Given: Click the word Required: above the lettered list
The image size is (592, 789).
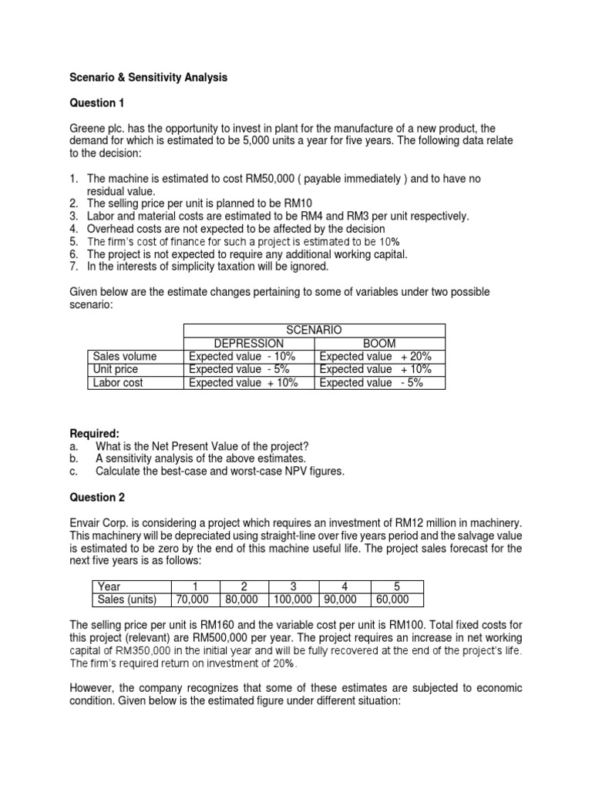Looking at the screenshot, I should [x=95, y=435].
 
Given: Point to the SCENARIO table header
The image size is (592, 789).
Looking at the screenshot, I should [x=314, y=331].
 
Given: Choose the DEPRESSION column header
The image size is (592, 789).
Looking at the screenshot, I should [x=249, y=344].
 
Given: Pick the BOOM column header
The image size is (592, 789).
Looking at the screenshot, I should [x=379, y=344].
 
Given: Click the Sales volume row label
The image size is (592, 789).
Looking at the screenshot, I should [x=124, y=357].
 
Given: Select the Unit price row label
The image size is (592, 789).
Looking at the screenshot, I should [x=116, y=370].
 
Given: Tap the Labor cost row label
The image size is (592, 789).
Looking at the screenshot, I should [x=118, y=383].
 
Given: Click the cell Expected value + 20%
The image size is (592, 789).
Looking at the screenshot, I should [x=375, y=357].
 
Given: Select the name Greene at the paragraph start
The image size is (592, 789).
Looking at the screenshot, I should [x=88, y=128].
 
